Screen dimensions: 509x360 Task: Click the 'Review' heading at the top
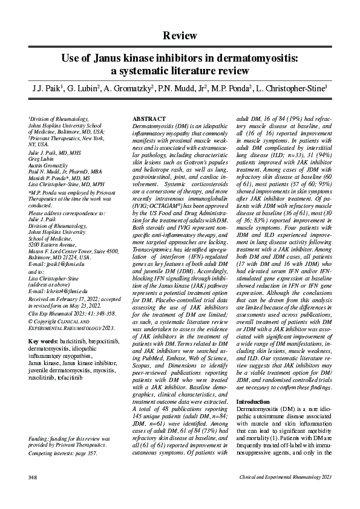pos(180,36)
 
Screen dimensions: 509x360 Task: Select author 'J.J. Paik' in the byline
pos(46,89)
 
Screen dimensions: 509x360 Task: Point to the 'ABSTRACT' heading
pos(148,118)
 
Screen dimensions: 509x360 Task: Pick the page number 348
pos(33,478)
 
